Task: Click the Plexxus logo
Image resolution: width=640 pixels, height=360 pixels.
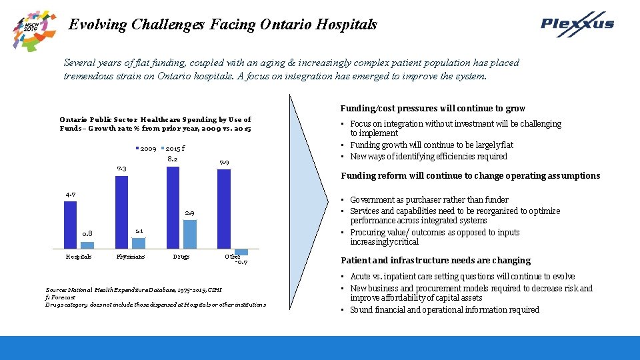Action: tap(577, 24)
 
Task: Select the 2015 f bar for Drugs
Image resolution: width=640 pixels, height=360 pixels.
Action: tap(190, 234)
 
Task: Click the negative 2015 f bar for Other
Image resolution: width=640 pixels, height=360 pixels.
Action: tap(241, 252)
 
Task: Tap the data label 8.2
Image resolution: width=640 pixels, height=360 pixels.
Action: tap(172, 159)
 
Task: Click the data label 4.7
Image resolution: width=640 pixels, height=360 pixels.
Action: tap(70, 194)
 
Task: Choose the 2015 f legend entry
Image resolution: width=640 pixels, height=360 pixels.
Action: tap(173, 148)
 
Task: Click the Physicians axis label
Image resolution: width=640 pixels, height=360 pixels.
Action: tap(130, 256)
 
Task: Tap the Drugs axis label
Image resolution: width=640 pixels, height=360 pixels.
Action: tap(181, 256)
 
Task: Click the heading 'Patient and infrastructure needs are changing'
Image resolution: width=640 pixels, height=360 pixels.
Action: tap(435, 261)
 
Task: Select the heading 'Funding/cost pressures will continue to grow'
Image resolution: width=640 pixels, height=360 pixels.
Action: tap(433, 108)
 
